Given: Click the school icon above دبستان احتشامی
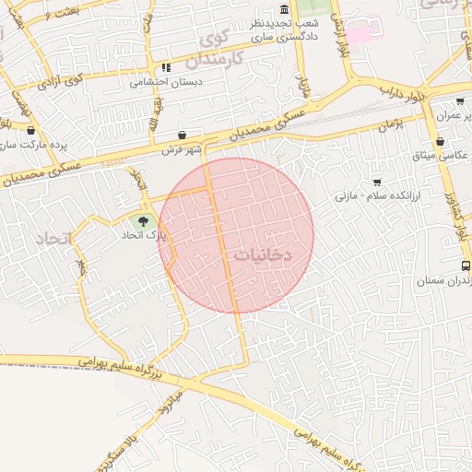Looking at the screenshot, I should tap(166, 67).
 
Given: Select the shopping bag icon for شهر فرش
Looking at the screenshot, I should tap(182, 135).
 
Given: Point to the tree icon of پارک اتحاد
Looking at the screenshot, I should tap(143, 220).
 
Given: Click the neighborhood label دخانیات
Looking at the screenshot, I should tap(271, 255).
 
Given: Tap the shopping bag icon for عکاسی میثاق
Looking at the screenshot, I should tap(441, 142).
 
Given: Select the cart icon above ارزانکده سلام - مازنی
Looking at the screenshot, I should tap(376, 182).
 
